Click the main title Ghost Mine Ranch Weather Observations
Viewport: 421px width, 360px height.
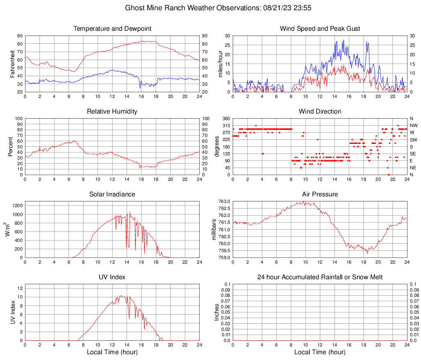(210, 8)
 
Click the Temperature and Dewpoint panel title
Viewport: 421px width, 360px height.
(112, 29)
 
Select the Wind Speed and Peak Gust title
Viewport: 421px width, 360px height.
(320, 29)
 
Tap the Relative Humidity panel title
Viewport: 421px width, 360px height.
(112, 112)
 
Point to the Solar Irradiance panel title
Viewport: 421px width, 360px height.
(112, 194)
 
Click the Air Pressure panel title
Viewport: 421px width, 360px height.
(320, 194)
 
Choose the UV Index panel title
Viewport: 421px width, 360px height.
(112, 277)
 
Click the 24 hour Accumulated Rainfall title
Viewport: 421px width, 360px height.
(320, 277)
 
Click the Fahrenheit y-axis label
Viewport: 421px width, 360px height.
(13, 64)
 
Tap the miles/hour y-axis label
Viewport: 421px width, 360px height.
(220, 64)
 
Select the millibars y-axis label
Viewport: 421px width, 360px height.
(214, 229)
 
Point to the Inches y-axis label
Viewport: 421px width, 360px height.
(217, 312)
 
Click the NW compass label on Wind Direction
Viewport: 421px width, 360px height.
(414, 125)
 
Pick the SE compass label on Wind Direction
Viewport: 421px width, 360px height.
(413, 154)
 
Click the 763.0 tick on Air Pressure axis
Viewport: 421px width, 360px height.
(224, 201)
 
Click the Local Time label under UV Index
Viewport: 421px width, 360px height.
(112, 352)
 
